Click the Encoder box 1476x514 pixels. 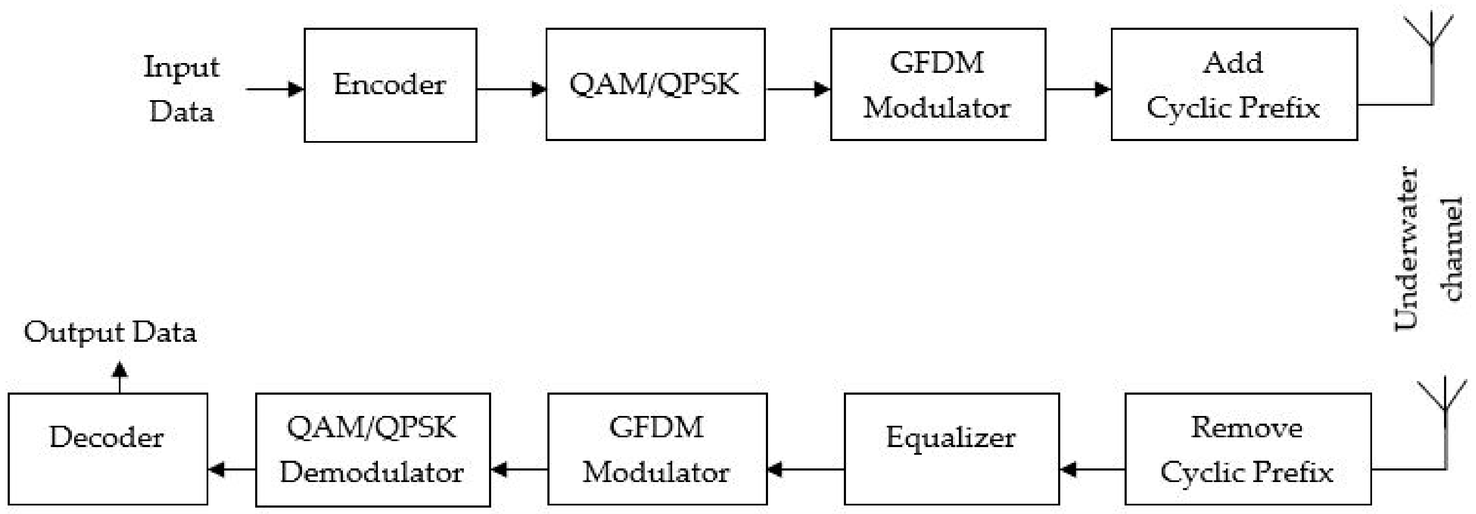[x=390, y=85]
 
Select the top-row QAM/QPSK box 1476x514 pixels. [x=655, y=84]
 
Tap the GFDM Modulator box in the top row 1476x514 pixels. [x=938, y=84]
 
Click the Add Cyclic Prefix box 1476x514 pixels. [x=1234, y=84]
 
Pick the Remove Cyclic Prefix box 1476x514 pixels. [x=1247, y=449]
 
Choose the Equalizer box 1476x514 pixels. [x=951, y=449]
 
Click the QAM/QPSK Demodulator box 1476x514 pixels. [x=372, y=449]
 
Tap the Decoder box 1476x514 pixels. [x=108, y=449]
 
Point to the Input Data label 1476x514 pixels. [x=181, y=88]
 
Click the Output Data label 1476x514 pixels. [x=110, y=332]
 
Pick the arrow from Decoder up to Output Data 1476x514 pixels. [x=120, y=377]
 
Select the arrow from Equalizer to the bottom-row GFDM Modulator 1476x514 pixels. [x=805, y=470]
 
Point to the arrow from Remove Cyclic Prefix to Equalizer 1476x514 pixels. [x=1091, y=470]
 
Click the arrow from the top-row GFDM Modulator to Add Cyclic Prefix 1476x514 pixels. [x=1078, y=89]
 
